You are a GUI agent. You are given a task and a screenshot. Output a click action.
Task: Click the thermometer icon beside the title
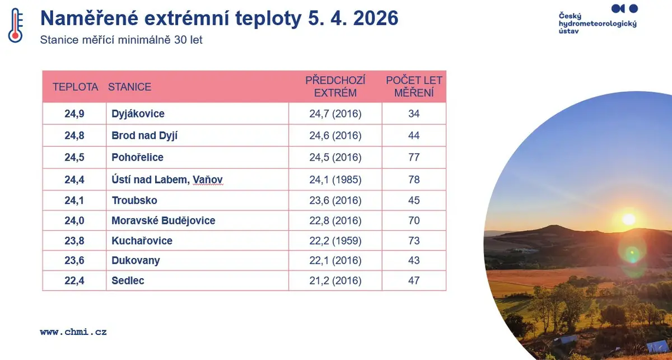[15, 25]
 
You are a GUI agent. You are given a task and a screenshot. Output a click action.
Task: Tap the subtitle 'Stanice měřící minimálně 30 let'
[121, 40]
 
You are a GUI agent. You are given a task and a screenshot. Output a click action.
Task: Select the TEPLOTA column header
[75, 87]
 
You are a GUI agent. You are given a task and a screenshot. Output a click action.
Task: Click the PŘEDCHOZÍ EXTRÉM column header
[335, 87]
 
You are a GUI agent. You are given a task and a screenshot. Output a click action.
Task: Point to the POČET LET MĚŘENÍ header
[414, 87]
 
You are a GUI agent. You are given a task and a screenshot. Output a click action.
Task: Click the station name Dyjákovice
[138, 114]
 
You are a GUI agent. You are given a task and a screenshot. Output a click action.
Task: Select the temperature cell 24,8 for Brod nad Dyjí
[74, 135]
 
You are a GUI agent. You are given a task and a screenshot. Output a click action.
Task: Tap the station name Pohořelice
[137, 157]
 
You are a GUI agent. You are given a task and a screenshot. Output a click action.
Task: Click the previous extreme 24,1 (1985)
[335, 180]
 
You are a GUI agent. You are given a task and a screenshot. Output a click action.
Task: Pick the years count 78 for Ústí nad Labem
[414, 179]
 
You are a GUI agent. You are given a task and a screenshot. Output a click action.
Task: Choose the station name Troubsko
[134, 200]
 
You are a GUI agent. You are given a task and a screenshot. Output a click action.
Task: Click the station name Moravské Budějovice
[163, 221]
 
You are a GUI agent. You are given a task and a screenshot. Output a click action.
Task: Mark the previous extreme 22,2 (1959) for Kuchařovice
[335, 241]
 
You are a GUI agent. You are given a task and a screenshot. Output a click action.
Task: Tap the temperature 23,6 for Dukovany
[74, 260]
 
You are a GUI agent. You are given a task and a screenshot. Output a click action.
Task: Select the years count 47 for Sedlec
[414, 280]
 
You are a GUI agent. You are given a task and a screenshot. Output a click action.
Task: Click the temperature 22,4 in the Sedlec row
[74, 280]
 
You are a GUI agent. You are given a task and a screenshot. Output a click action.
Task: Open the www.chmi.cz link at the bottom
[73, 332]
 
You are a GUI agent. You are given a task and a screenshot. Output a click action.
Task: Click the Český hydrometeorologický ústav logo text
[598, 24]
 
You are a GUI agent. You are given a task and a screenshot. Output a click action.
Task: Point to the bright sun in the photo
[629, 219]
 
